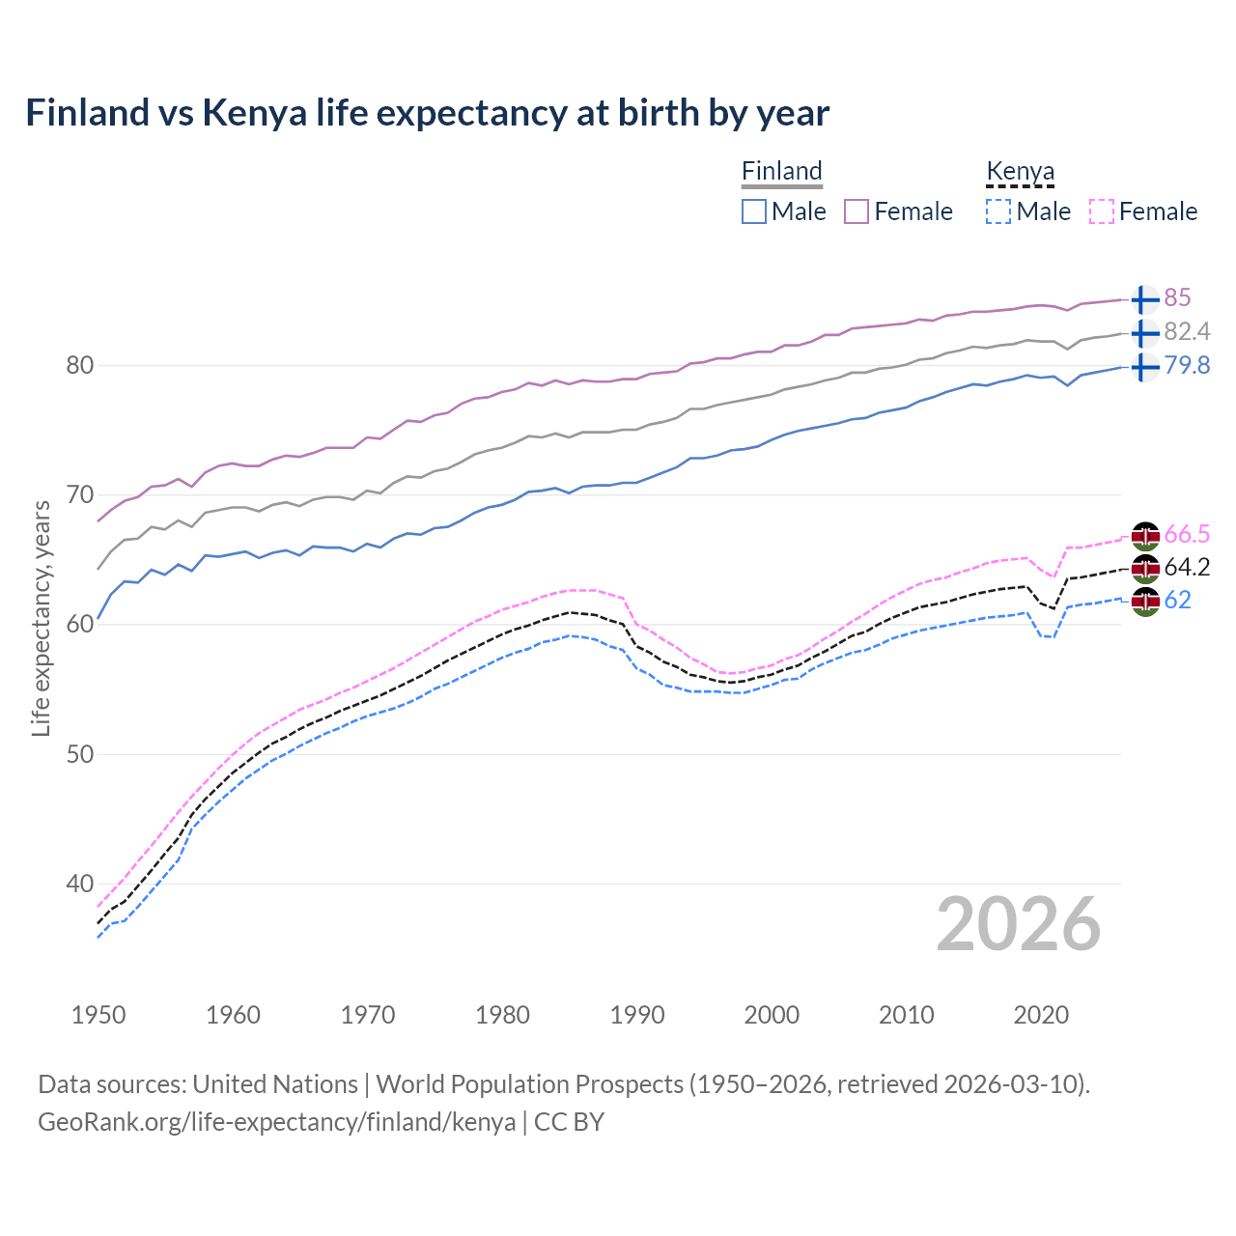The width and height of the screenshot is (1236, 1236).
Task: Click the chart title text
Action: click(427, 113)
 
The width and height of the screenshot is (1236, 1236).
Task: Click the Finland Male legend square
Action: click(754, 211)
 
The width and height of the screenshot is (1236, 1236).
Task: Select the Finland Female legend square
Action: click(857, 211)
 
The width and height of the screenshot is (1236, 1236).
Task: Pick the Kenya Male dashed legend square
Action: click(998, 211)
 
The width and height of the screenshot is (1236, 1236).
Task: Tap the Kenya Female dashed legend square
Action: click(1102, 211)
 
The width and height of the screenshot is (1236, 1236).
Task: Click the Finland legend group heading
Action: click(781, 171)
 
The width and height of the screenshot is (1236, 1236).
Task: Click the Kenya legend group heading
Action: click(1020, 171)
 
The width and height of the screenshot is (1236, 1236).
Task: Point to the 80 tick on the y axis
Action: click(79, 365)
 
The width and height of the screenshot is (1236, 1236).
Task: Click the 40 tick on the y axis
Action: click(79, 884)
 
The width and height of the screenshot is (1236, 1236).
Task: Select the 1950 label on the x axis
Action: click(98, 1015)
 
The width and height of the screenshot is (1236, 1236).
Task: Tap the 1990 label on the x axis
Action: click(637, 1015)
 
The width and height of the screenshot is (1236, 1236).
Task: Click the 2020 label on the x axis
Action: click(1041, 1015)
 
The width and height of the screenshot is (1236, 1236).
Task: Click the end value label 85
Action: click(1177, 297)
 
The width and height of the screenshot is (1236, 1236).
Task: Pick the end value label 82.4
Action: click(1187, 331)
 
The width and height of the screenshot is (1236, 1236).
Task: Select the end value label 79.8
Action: click(1187, 365)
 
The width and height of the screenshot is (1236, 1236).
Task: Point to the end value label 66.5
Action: click(1187, 534)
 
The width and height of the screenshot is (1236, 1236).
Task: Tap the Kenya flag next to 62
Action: click(1145, 601)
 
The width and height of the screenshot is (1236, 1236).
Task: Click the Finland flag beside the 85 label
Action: click(1145, 298)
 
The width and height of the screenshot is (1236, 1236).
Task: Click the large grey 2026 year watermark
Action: click(1019, 924)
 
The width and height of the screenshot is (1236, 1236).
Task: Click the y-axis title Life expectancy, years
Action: click(41, 618)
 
